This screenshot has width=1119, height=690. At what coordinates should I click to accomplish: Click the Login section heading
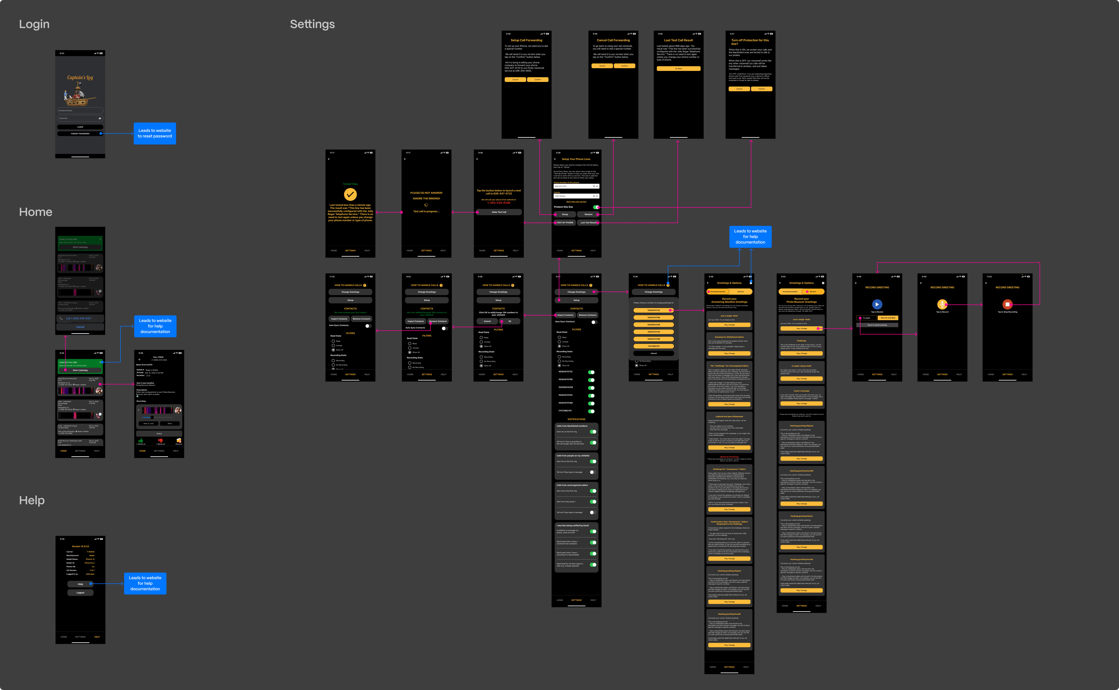[x=34, y=24]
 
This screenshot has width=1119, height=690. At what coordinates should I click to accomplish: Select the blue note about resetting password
[x=155, y=133]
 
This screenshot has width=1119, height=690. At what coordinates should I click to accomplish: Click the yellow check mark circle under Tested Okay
[x=350, y=194]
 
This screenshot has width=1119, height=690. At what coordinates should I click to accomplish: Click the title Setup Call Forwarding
[x=526, y=40]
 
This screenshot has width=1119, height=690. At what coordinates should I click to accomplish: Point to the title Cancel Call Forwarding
[x=613, y=40]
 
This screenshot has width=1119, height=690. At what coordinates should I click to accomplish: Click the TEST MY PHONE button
[x=565, y=223]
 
